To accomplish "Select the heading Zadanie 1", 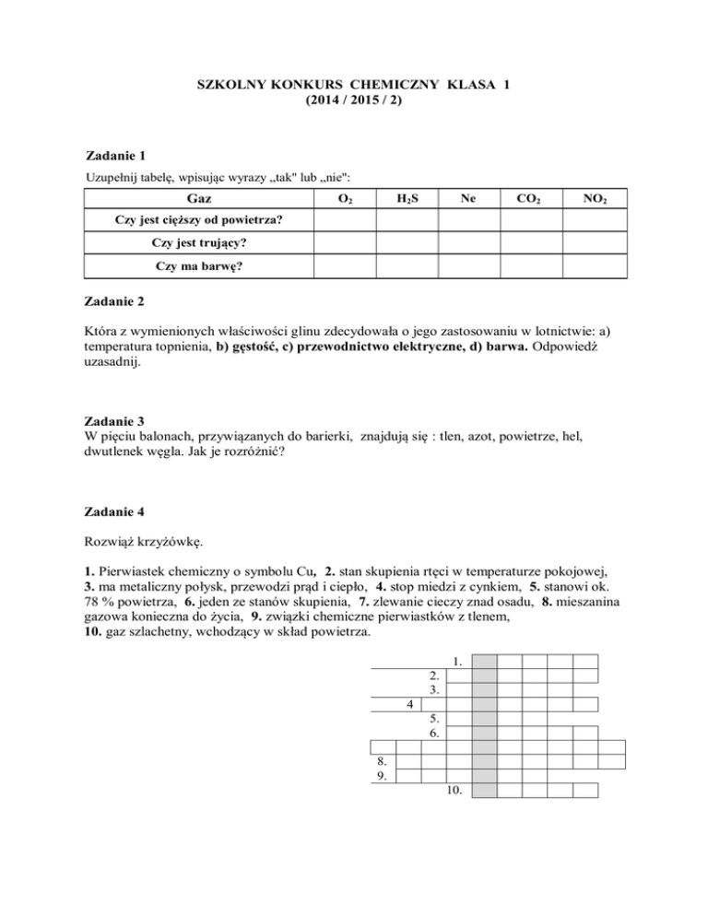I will coord(114,156).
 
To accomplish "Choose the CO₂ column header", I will coord(531,199).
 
